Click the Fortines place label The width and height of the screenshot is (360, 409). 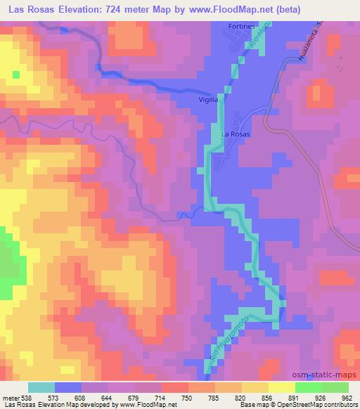240,26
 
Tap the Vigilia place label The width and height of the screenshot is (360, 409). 209,100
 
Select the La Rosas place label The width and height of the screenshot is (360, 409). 236,133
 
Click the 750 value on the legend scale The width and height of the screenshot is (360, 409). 186,397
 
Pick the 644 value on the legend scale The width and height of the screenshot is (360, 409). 108,397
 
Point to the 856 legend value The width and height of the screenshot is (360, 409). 266,397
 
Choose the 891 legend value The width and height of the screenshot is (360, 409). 293,397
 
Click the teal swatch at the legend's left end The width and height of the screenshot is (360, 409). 41,387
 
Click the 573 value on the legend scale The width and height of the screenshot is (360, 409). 54,397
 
